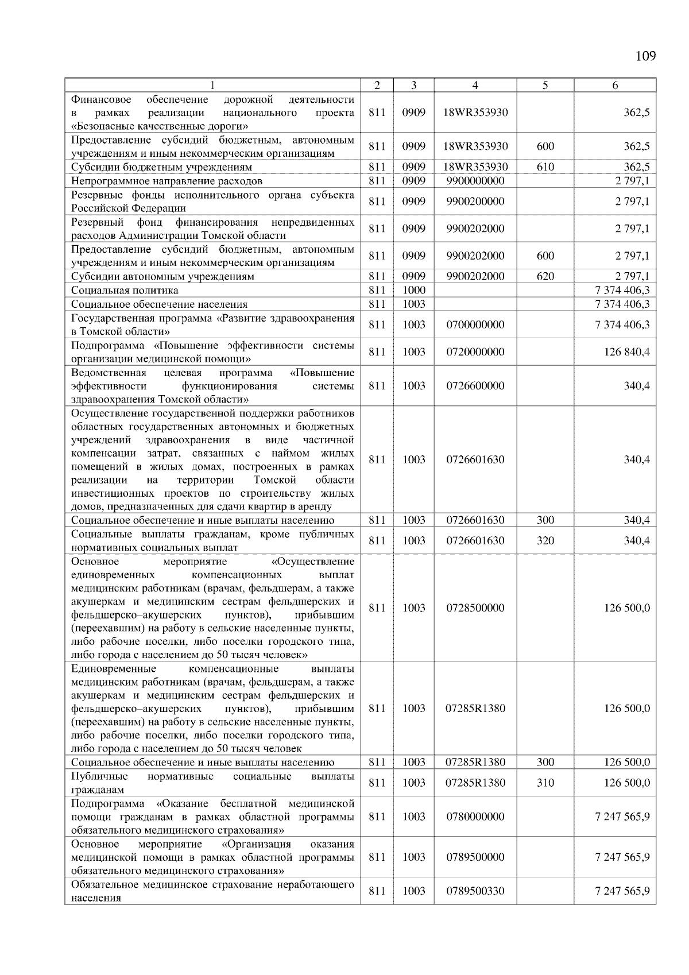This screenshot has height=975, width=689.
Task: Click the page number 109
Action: [645, 56]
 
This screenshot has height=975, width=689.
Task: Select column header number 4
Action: [475, 86]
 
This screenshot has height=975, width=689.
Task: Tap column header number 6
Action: [615, 86]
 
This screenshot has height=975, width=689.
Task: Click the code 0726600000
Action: [475, 386]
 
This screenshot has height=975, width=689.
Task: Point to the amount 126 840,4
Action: [626, 352]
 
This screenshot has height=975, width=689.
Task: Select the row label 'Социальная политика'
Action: [125, 291]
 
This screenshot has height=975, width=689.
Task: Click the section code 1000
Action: [413, 291]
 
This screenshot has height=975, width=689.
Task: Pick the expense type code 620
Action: [545, 276]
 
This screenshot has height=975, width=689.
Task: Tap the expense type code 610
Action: [545, 167]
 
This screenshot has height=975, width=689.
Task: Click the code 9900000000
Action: [475, 181]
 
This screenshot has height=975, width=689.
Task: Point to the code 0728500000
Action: [475, 608]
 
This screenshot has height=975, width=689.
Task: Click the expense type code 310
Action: [545, 783]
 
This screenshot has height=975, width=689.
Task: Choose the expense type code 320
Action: [545, 541]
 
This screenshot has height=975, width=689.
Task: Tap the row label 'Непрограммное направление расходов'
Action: [167, 181]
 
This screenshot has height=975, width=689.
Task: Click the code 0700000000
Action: [475, 325]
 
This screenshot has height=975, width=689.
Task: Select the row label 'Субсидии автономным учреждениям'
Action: [162, 276]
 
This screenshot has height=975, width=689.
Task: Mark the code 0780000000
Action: [475, 817]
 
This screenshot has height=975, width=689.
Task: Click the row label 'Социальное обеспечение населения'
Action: [159, 304]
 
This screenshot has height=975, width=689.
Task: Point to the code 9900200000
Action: [475, 202]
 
